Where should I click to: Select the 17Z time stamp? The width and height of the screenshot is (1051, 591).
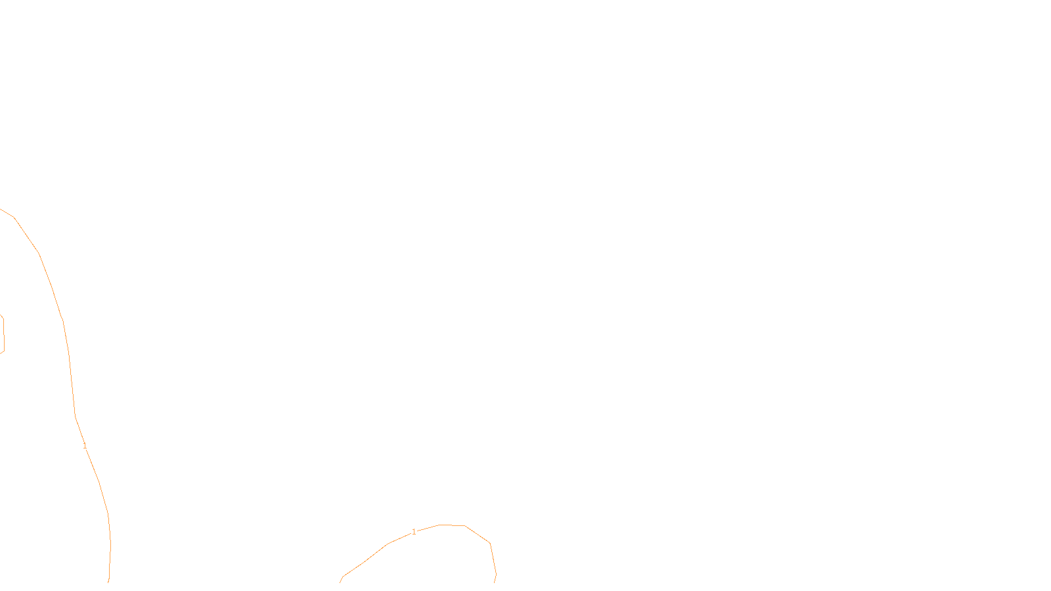(x=498, y=572)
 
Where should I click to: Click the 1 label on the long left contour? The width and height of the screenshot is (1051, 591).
(x=85, y=446)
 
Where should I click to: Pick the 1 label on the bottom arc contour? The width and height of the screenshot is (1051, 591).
(x=414, y=532)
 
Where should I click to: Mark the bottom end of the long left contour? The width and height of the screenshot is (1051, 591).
(x=108, y=581)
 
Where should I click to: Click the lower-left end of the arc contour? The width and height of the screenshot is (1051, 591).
(x=341, y=581)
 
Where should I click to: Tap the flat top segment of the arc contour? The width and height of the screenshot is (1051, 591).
(x=452, y=525)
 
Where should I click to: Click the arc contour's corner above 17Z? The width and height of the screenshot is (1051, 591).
(x=489, y=543)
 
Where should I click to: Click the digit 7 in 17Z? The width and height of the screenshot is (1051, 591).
(x=498, y=572)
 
